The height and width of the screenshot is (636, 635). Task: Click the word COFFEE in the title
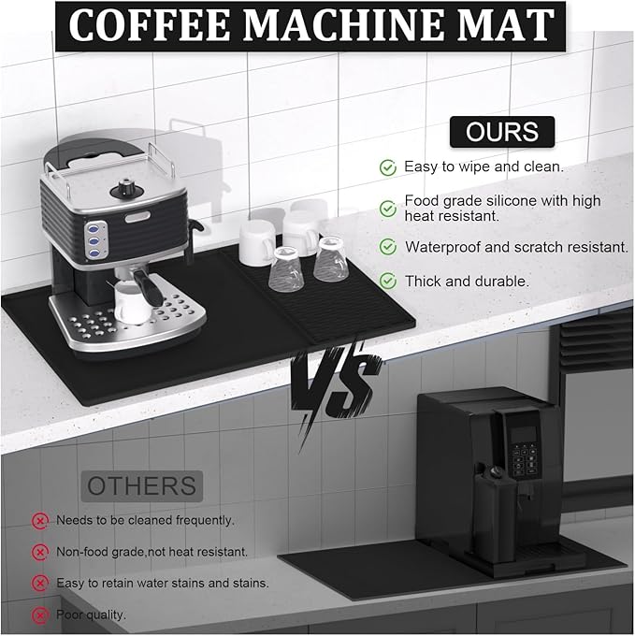[150, 25]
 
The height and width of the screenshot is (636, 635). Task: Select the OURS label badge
[502, 132]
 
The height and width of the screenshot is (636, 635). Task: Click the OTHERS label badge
[142, 486]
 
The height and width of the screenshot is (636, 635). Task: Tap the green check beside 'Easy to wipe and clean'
[388, 167]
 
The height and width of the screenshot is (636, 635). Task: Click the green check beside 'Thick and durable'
[388, 282]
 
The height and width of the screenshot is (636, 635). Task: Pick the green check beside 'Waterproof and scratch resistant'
[388, 247]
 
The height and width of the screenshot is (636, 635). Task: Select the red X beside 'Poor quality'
[39, 615]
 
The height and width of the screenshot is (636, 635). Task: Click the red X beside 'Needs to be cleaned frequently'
[39, 520]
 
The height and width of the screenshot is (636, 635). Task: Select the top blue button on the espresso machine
[94, 228]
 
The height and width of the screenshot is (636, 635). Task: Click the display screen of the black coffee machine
[524, 434]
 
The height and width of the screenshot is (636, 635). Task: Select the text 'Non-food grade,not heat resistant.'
[152, 552]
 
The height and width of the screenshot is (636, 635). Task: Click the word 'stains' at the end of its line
[251, 584]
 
